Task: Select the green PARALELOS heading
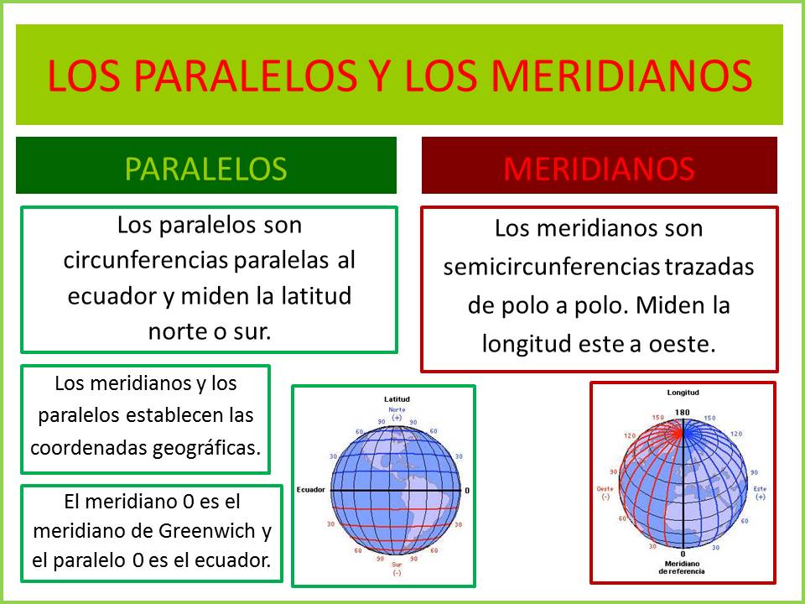pos(205,168)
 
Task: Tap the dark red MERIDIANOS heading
pos(599,168)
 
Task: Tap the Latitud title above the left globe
pos(397,398)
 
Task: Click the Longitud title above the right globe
pos(683,392)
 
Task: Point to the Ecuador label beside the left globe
pos(309,489)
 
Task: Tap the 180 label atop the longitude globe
pos(683,412)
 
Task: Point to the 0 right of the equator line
pos(467,490)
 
